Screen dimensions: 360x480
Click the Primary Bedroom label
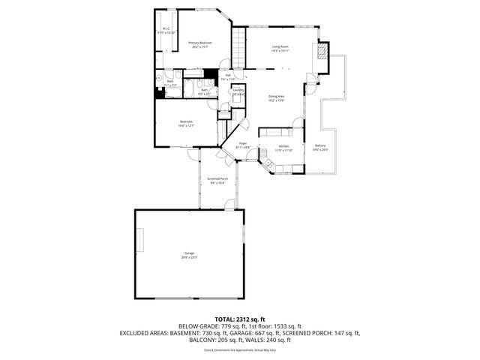pyautogui.click(x=199, y=44)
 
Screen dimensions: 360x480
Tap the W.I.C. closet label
pyautogui.click(x=166, y=31)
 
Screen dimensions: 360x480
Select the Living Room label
pyautogui.click(x=280, y=49)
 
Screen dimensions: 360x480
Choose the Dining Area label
pyautogui.click(x=276, y=98)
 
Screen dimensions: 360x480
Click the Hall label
pyautogui.click(x=227, y=76)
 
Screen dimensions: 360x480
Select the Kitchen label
pyautogui.click(x=283, y=148)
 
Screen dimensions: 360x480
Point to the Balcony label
pyautogui.click(x=320, y=147)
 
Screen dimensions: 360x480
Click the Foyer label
pyautogui.click(x=243, y=145)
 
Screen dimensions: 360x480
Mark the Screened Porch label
pyautogui.click(x=217, y=181)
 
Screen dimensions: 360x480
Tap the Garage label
pyautogui.click(x=189, y=256)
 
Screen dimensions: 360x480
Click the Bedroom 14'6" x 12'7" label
pyautogui.click(x=186, y=124)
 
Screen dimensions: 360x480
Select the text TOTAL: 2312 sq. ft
pyautogui.click(x=239, y=319)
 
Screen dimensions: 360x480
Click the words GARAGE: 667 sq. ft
pyautogui.click(x=259, y=333)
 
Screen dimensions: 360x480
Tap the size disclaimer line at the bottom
pyautogui.click(x=239, y=349)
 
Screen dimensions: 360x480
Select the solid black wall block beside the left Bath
pyautogui.click(x=160, y=93)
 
